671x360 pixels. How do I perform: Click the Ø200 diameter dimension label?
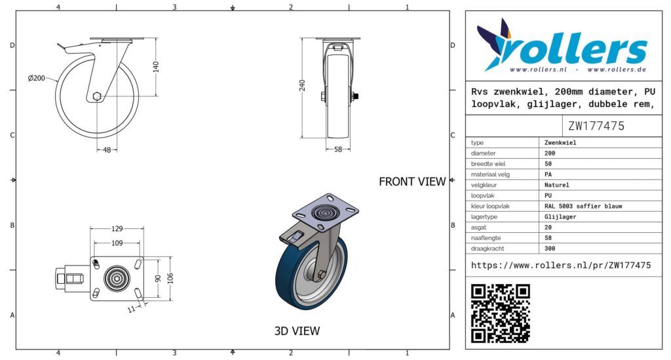tap(37, 78)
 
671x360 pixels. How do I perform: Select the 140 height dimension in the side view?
tap(156, 67)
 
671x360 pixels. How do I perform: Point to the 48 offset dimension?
tap(107, 150)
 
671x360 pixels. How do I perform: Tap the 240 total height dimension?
tap(302, 86)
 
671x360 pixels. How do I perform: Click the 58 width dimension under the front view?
tap(338, 150)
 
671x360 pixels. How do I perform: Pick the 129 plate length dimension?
tap(117, 229)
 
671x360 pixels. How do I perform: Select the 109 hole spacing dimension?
tap(117, 243)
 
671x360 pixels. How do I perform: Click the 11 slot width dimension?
tap(132, 309)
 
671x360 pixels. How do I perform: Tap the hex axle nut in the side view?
tap(97, 96)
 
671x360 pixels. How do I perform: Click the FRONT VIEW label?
tap(412, 182)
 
